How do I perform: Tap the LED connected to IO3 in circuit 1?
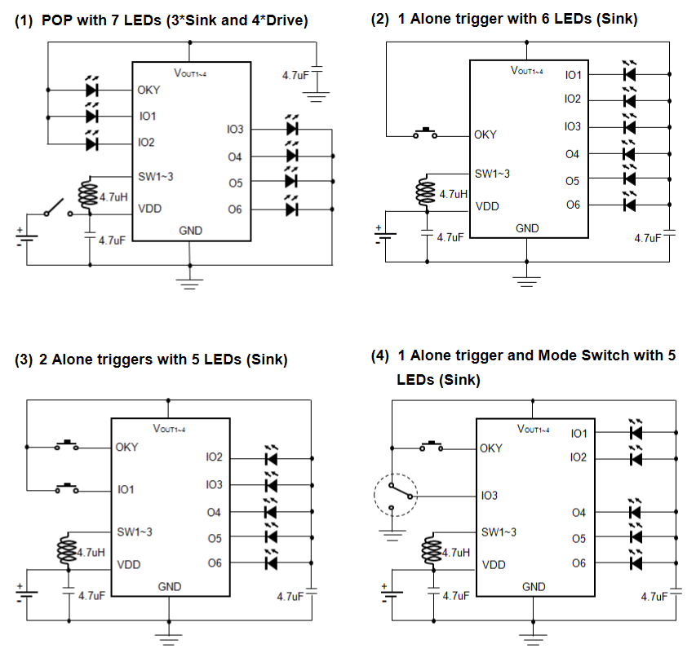click(x=292, y=129)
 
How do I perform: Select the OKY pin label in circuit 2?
click(x=485, y=135)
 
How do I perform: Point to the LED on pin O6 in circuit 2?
click(x=628, y=205)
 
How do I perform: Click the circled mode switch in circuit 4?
click(x=395, y=493)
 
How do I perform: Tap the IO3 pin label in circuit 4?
click(x=490, y=495)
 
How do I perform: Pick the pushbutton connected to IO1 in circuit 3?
click(x=68, y=489)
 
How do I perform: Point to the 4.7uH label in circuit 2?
click(x=453, y=195)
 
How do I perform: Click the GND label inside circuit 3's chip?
click(x=170, y=586)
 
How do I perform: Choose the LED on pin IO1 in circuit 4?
click(x=636, y=432)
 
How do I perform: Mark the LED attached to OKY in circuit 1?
click(x=91, y=90)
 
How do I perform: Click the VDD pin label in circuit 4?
click(x=494, y=564)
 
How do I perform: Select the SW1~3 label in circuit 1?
click(x=155, y=174)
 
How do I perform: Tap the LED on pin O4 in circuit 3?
click(x=272, y=511)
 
